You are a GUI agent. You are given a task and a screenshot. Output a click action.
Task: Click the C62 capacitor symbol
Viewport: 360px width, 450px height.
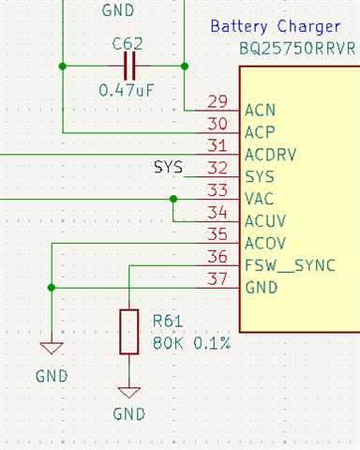[129, 66]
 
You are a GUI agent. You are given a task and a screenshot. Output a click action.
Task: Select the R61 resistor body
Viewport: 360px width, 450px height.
[129, 332]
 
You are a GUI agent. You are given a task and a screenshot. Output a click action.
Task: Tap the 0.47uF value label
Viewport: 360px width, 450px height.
[127, 90]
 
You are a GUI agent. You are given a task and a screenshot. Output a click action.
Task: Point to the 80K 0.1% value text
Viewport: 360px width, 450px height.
[191, 343]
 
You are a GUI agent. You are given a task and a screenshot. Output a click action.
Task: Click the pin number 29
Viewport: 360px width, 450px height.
[217, 101]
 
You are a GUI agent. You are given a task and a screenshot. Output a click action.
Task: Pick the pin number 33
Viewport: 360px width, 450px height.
[217, 190]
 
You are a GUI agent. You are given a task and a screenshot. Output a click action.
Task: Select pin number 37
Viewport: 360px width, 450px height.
[217, 279]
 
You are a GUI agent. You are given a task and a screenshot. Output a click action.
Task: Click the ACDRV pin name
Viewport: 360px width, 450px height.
[271, 155]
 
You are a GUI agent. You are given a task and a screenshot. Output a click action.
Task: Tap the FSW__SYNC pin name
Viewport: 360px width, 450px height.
[291, 265]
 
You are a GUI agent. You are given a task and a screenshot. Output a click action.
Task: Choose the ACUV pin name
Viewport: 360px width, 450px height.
[265, 221]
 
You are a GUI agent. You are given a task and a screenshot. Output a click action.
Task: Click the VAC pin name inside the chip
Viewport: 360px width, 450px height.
[260, 199]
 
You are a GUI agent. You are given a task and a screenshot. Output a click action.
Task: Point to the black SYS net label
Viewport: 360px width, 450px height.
[168, 167]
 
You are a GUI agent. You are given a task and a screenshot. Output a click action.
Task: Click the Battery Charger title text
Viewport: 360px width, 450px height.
[276, 26]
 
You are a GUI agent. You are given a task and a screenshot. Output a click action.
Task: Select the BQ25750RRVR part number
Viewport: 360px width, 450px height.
[297, 49]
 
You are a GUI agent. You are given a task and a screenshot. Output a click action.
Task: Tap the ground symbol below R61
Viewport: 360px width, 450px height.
[129, 393]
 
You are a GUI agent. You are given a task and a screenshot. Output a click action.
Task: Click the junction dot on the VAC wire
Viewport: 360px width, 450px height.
[173, 199]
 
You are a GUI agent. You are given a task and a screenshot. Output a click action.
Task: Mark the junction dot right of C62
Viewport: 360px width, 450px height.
[185, 67]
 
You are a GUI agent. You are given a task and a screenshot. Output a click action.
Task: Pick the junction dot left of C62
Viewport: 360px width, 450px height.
[63, 67]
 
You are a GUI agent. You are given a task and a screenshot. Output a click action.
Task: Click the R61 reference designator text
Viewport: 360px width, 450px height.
[168, 321]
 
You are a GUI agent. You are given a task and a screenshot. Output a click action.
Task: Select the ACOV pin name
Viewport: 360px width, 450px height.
[265, 244]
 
